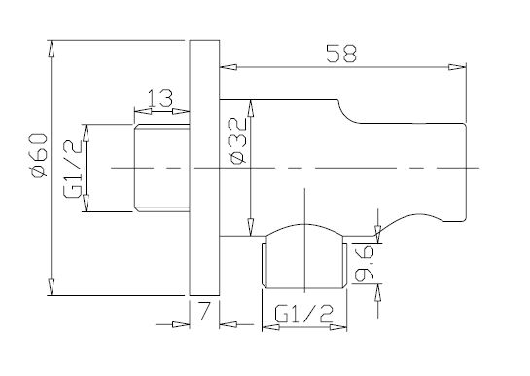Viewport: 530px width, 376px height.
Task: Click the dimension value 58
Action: (341, 54)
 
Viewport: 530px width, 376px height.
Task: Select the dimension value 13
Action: (160, 98)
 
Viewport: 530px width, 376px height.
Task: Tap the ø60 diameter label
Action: (39, 155)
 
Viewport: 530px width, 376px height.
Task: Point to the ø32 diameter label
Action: (237, 141)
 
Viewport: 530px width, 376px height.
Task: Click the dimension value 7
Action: (204, 311)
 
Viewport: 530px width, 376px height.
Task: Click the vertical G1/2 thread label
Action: (72, 169)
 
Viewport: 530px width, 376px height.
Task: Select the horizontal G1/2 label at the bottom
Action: (303, 314)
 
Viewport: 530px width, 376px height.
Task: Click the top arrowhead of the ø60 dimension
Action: (51, 49)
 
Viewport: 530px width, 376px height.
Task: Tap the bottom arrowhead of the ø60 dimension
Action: (51, 286)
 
